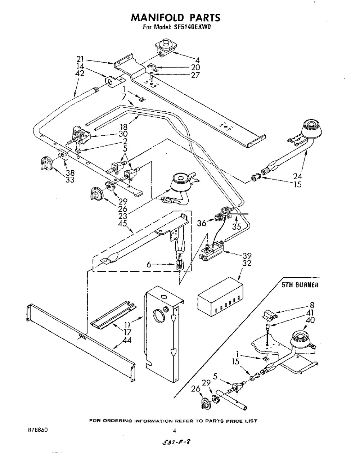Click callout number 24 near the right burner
(297, 176)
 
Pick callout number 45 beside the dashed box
(123, 223)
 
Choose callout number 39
(247, 256)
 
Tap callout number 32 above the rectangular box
(247, 263)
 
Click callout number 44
(126, 340)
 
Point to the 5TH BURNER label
(300, 285)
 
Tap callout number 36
(202, 223)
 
